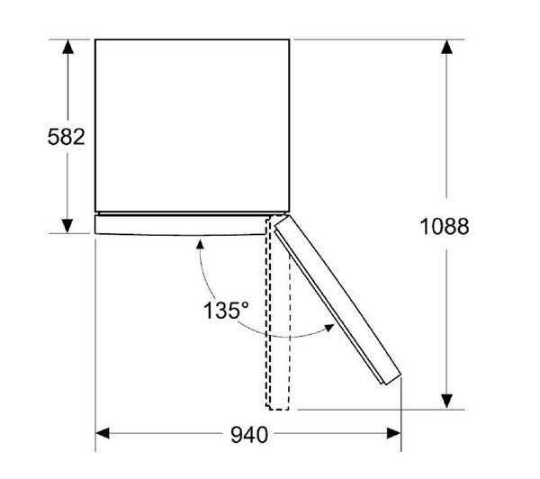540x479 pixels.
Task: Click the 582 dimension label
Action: click(66, 137)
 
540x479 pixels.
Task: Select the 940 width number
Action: click(248, 436)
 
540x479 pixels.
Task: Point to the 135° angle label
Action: click(226, 311)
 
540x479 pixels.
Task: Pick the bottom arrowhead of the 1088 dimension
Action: click(445, 402)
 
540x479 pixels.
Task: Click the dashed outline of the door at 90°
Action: click(278, 315)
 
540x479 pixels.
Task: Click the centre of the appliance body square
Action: click(192, 125)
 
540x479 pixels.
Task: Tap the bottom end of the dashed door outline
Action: click(278, 407)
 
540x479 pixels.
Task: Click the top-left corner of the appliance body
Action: click(95, 40)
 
